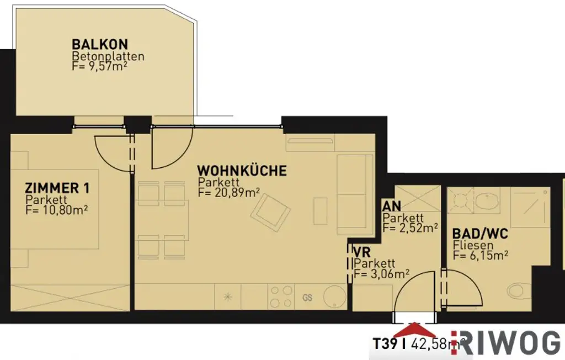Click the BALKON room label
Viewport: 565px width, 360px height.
pos(100,44)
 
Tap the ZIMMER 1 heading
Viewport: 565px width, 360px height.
pos(57,188)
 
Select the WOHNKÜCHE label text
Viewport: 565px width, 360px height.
pos(242,171)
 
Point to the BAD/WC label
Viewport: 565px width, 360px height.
pos(480,234)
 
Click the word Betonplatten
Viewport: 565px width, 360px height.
pos(108,56)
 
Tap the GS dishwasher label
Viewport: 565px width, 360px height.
pos(307,298)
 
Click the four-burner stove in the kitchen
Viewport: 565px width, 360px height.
pos(280,297)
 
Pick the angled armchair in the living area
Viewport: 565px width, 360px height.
pos(271,213)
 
